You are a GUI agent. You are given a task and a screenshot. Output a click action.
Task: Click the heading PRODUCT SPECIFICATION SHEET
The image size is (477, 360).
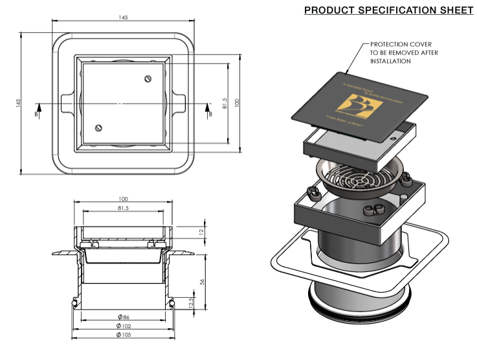(x=388, y=10)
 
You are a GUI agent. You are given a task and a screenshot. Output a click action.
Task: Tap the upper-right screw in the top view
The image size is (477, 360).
(x=148, y=79)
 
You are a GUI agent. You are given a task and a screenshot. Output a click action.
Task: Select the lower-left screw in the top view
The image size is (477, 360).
(x=98, y=128)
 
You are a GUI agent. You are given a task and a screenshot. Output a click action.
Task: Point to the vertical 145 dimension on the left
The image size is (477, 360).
(x=19, y=103)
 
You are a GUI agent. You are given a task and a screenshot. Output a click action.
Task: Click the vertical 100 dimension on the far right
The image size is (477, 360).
(x=238, y=103)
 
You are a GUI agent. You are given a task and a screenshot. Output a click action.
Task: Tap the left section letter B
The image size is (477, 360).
(x=38, y=115)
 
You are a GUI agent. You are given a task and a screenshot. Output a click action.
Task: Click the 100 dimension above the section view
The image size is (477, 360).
(x=124, y=199)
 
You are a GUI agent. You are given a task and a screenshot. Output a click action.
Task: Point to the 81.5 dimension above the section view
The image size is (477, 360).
(x=124, y=208)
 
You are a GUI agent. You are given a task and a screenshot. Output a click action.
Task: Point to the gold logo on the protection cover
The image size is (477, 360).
(x=359, y=107)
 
